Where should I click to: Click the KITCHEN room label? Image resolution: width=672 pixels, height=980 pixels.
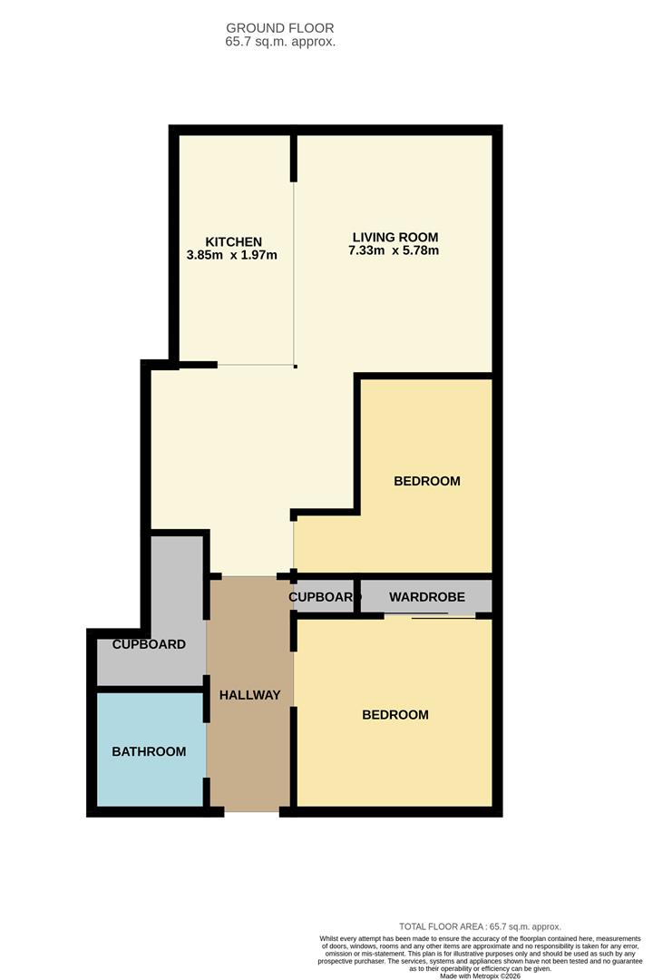point(234,242)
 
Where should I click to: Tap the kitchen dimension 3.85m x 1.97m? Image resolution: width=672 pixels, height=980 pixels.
point(231,255)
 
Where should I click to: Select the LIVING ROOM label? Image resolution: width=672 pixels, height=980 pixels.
point(395,238)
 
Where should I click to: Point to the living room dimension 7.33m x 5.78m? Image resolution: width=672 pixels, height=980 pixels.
point(394,250)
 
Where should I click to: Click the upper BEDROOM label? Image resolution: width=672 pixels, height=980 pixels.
point(427,481)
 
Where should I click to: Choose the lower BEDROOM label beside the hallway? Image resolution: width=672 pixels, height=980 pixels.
point(395,715)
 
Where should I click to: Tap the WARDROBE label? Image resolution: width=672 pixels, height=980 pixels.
point(427,597)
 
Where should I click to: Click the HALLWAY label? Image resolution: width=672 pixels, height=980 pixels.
point(249,695)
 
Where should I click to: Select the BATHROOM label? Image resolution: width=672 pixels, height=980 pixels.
point(149,752)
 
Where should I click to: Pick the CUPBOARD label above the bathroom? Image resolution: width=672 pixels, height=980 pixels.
point(149,644)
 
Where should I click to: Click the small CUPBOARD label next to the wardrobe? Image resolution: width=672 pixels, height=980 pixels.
point(322,597)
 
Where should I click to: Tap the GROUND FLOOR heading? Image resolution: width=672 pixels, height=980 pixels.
point(280,28)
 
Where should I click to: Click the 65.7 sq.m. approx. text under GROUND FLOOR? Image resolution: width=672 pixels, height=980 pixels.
point(280,42)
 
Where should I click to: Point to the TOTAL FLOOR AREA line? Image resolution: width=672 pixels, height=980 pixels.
point(481,926)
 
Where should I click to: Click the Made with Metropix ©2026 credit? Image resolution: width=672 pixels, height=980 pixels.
point(481,975)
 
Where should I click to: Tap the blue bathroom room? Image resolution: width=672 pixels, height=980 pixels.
point(151,750)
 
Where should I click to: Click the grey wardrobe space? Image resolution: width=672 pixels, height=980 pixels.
point(426,596)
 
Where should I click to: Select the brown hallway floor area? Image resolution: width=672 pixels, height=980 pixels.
point(249,694)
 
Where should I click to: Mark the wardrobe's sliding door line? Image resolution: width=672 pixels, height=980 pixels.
point(430,617)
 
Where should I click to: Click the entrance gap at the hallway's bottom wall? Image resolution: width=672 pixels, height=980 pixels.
point(252,812)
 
